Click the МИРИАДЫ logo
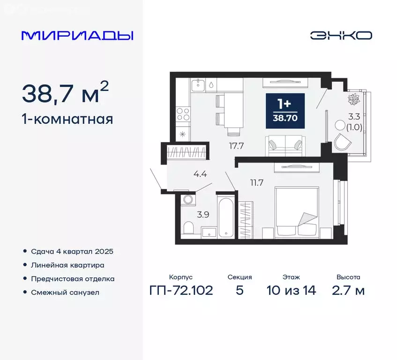click(x=77, y=35)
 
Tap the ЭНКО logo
click(x=341, y=35)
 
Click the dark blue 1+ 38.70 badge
click(x=285, y=111)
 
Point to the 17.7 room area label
click(x=236, y=145)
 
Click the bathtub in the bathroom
click(x=226, y=217)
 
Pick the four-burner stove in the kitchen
click(x=183, y=114)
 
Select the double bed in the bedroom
click(x=297, y=211)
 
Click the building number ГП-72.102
click(x=181, y=290)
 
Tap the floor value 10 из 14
click(x=291, y=290)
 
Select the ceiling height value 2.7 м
click(x=348, y=290)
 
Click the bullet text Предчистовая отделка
click(x=73, y=278)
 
